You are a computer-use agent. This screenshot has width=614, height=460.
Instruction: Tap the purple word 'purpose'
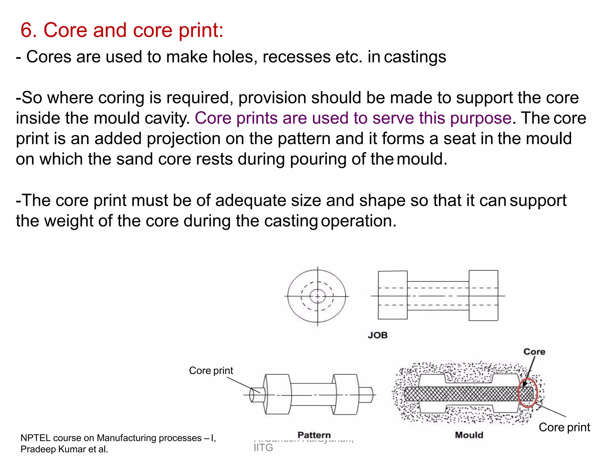(x=481, y=118)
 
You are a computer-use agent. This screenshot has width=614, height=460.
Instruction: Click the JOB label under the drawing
(x=378, y=335)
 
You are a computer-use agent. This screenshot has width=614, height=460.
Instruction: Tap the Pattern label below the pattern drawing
(x=314, y=435)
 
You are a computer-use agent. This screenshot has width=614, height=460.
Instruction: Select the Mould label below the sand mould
(x=469, y=435)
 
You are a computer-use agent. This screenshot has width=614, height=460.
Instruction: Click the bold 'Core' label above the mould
(x=534, y=352)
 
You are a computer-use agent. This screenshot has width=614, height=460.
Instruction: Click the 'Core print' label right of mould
(x=564, y=427)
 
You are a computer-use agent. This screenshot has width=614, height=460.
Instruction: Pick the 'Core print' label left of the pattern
(x=211, y=371)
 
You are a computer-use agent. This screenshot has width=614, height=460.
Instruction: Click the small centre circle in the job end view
(x=317, y=296)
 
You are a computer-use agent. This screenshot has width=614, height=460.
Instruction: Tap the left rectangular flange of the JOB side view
(x=392, y=295)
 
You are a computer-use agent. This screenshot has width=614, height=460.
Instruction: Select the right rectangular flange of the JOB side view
(x=483, y=295)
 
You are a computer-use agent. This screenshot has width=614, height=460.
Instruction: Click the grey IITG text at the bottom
(x=263, y=448)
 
